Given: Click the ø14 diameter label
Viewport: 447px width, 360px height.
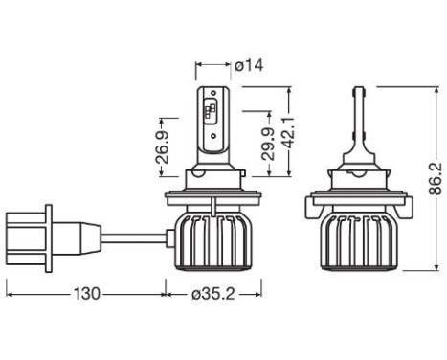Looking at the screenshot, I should (x=249, y=67).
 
